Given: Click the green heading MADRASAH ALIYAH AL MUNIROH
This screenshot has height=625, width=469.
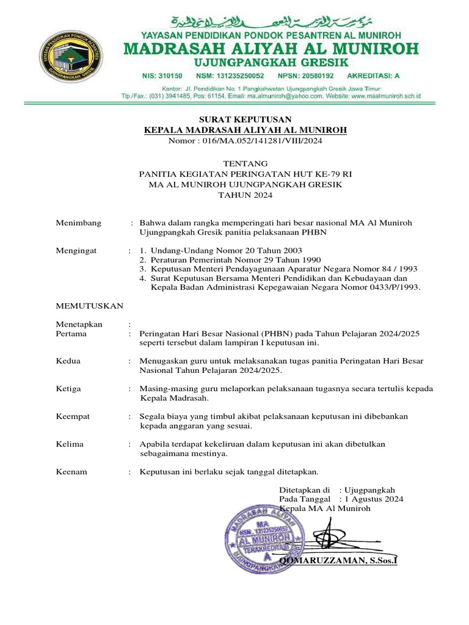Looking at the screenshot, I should tap(272, 48).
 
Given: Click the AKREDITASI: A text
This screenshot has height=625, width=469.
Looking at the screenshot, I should tap(373, 76).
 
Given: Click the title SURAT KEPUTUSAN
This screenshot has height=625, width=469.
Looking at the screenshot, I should tap(244, 119).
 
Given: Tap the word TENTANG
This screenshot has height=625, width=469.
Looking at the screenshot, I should tap(245, 164).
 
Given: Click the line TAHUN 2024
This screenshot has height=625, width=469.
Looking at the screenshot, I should tap(245, 195).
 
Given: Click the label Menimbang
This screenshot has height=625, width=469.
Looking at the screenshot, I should tap(79, 223).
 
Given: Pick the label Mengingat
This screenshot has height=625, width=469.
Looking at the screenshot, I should tap(78, 251).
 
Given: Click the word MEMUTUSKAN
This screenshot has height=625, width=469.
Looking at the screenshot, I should tap(90, 305).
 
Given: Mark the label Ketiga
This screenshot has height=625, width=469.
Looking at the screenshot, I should tap(68, 388).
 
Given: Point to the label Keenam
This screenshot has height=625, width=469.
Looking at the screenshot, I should tap(71, 472).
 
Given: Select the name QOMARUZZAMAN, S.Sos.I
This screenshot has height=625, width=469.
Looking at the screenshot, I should tap(338, 560).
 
